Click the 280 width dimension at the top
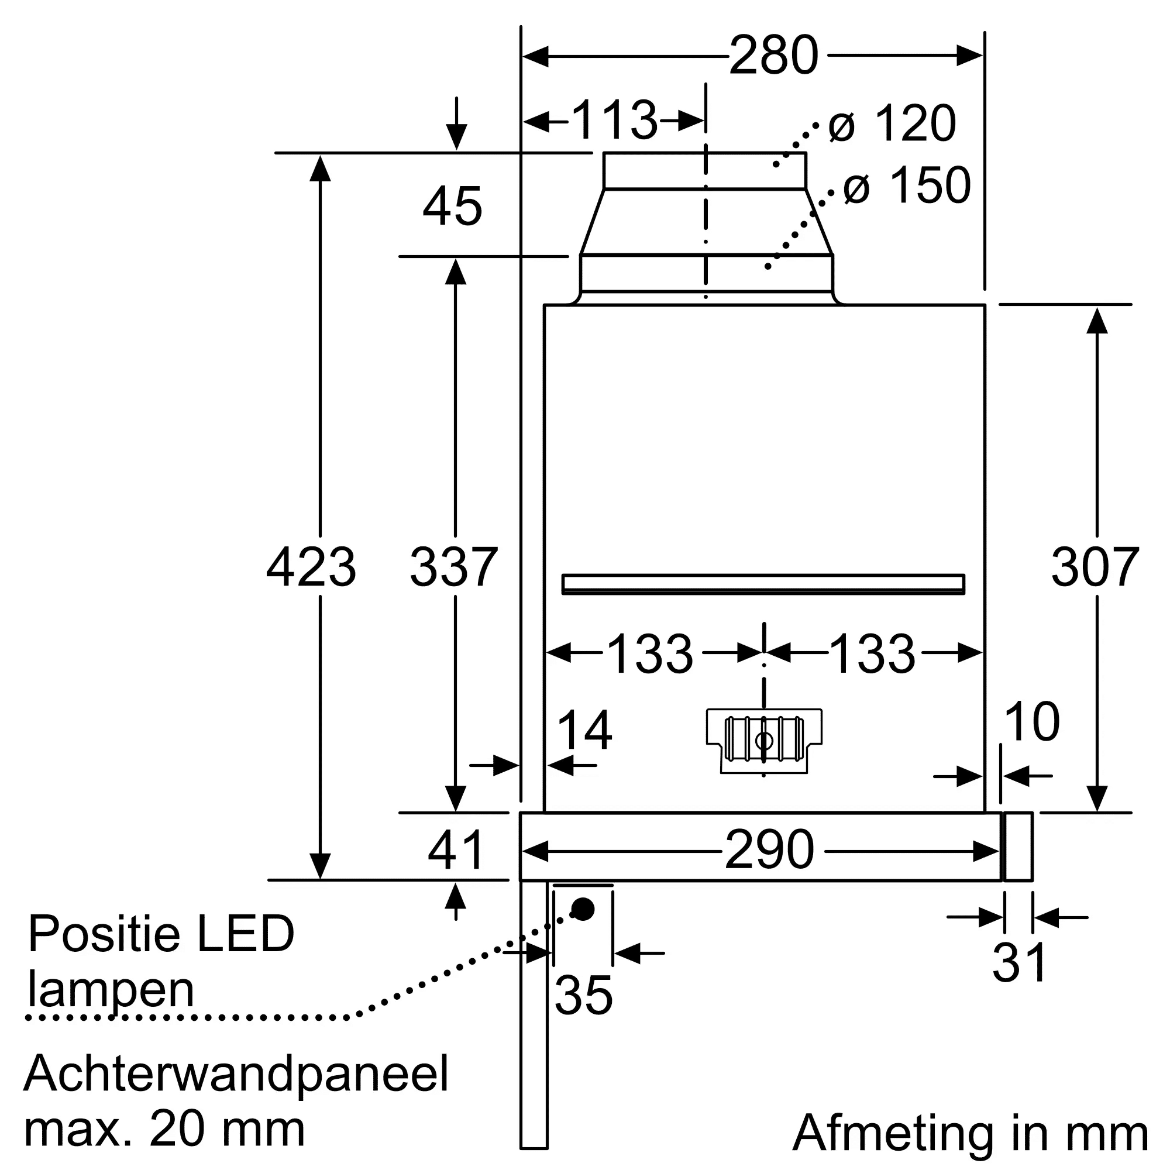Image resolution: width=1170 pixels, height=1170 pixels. click(773, 56)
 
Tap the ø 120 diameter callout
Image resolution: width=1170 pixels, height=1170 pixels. click(892, 123)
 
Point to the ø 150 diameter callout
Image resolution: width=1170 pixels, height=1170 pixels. click(907, 185)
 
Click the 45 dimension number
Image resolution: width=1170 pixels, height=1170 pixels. click(452, 207)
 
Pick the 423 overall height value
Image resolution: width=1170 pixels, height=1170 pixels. click(311, 567)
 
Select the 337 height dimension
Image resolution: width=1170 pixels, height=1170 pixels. click(453, 567)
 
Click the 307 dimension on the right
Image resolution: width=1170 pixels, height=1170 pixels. click(1095, 567)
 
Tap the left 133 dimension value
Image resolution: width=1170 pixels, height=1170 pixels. click(649, 655)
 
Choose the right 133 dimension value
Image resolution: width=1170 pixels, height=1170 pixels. click(872, 655)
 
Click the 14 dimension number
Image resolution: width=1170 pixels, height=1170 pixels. click(584, 731)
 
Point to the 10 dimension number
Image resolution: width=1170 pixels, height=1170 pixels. click(1031, 722)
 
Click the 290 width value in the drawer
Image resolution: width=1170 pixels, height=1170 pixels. click(769, 850)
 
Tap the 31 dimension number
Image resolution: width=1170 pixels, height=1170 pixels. click(1019, 962)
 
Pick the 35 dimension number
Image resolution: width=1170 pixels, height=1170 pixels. click(583, 995)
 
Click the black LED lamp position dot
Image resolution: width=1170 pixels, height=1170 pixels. click(583, 910)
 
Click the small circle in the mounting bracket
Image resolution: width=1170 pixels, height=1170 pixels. click(764, 741)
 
